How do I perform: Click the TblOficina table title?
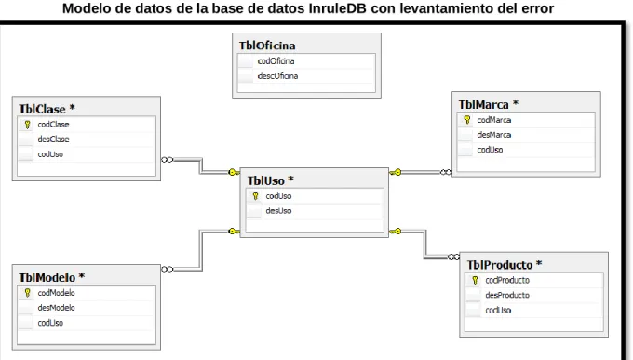click(x=267, y=46)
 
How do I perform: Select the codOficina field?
click(x=276, y=61)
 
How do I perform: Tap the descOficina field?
click(x=277, y=76)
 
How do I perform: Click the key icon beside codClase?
click(x=27, y=125)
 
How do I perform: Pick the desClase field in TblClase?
click(x=53, y=140)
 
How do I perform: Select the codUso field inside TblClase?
click(x=50, y=154)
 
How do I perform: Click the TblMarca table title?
click(x=483, y=105)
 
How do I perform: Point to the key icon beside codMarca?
click(x=467, y=120)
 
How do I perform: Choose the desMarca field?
click(x=493, y=135)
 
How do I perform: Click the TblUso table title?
click(x=265, y=180)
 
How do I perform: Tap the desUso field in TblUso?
click(x=278, y=210)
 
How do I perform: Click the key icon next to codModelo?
click(x=27, y=293)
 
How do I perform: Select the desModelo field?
click(x=56, y=308)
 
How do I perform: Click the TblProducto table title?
click(x=500, y=265)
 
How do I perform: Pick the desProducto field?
click(x=507, y=295)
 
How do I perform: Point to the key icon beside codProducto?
click(x=475, y=280)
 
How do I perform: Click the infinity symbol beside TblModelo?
click(x=168, y=269)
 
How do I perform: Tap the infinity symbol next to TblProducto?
click(x=453, y=257)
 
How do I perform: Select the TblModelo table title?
click(x=47, y=277)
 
